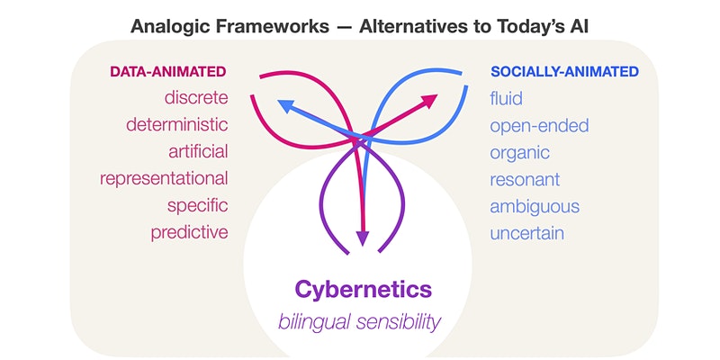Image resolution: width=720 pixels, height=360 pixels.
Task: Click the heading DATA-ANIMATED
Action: tap(168, 72)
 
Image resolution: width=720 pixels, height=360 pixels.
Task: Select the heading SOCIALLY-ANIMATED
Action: tap(564, 72)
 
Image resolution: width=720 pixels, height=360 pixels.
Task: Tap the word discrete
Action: tap(196, 98)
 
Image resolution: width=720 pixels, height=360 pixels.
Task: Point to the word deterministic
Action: tap(177, 124)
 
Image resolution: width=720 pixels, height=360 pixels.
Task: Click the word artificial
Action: tap(198, 151)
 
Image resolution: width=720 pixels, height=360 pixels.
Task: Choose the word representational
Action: tap(164, 178)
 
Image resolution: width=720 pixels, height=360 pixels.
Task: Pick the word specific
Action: tap(197, 206)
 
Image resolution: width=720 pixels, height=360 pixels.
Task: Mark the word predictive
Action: tap(189, 232)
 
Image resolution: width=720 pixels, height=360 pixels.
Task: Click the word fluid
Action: tap(506, 98)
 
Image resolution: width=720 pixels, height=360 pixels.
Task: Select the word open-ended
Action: tap(539, 125)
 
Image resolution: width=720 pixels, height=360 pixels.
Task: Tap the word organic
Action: tap(520, 153)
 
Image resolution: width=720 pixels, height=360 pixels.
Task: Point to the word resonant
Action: tap(525, 179)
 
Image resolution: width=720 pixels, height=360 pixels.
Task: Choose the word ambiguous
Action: tap(535, 207)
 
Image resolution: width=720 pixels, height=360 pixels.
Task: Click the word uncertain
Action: tap(526, 233)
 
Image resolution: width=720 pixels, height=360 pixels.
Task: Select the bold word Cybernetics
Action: tap(364, 290)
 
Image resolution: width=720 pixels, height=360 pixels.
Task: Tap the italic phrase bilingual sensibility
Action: tap(359, 322)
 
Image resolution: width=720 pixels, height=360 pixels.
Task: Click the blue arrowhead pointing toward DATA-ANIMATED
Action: tap(285, 106)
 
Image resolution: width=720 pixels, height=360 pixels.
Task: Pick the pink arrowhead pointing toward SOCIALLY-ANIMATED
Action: tap(430, 101)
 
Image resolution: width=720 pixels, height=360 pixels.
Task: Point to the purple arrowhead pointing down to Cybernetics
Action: tap(363, 238)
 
